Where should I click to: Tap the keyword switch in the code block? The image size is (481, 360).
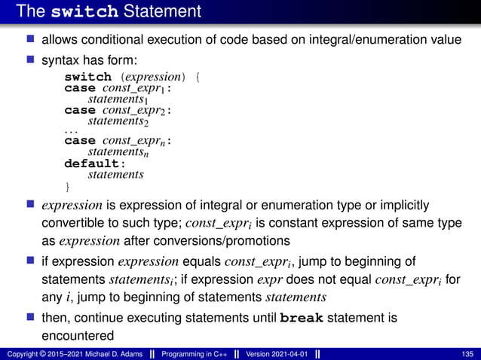pos(87,77)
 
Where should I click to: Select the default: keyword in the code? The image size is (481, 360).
pos(93,163)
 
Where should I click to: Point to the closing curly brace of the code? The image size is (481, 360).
pos(67,185)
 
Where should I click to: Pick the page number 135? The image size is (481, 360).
pos(467,354)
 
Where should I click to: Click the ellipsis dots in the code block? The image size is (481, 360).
pos(70,131)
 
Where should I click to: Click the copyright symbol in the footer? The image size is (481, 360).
pos(39,354)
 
